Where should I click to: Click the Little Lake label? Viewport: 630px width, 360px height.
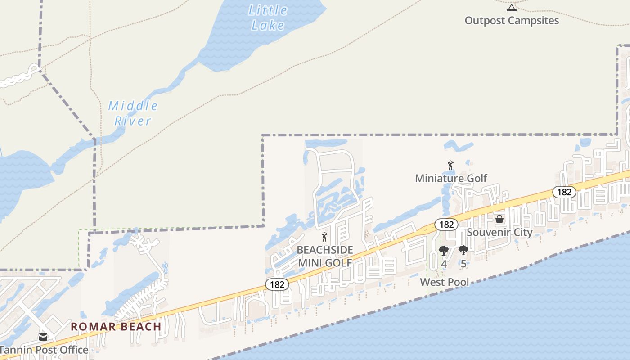pyautogui.click(x=268, y=17)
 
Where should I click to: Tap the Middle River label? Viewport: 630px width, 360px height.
pyautogui.click(x=133, y=113)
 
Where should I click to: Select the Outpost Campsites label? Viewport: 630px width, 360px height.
pyautogui.click(x=512, y=21)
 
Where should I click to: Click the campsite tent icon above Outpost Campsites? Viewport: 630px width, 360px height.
pyautogui.click(x=512, y=8)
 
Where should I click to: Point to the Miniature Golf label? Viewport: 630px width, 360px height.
pyautogui.click(x=451, y=178)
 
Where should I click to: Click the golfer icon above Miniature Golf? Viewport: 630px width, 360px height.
pyautogui.click(x=450, y=166)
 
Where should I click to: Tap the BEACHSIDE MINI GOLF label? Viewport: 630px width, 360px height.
pyautogui.click(x=325, y=256)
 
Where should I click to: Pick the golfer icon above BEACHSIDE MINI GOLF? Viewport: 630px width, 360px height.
pyautogui.click(x=324, y=237)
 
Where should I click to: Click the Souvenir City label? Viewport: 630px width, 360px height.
pyautogui.click(x=499, y=233)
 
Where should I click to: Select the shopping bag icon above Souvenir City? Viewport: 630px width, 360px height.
pyautogui.click(x=499, y=220)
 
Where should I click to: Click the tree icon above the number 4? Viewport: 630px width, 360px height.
pyautogui.click(x=444, y=251)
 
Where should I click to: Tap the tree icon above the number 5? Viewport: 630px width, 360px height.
pyautogui.click(x=463, y=251)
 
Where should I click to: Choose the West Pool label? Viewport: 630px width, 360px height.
pyautogui.click(x=445, y=282)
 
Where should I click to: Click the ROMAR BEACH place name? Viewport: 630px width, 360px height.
pyautogui.click(x=116, y=327)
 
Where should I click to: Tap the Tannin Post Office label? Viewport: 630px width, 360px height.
pyautogui.click(x=44, y=350)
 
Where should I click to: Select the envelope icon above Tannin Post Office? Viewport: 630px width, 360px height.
pyautogui.click(x=43, y=337)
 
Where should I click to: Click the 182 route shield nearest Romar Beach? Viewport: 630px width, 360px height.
pyautogui.click(x=277, y=284)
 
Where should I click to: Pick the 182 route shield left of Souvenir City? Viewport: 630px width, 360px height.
pyautogui.click(x=446, y=224)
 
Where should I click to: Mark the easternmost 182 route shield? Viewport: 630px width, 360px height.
pyautogui.click(x=564, y=192)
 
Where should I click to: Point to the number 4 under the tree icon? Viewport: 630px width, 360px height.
pyautogui.click(x=444, y=264)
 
